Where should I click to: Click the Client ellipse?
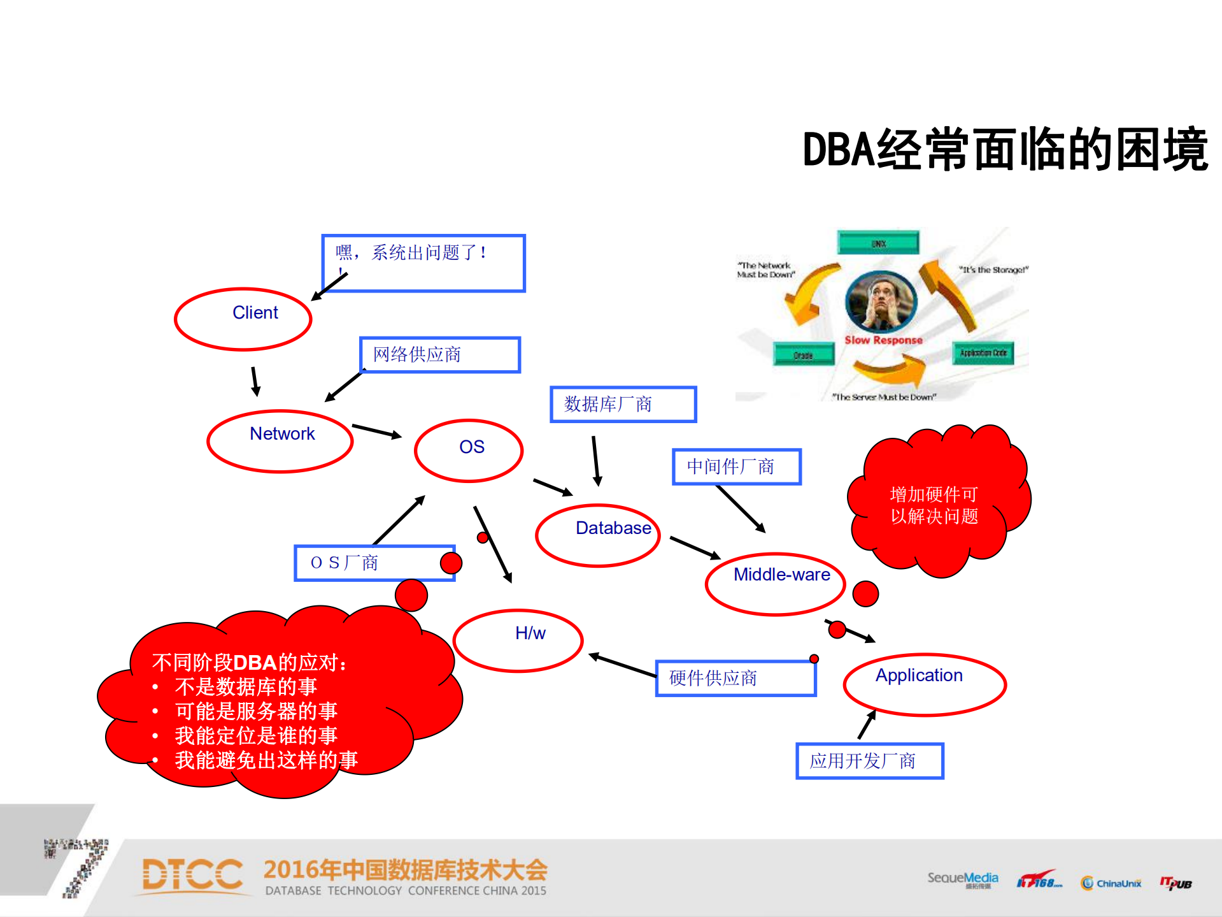point(243,319)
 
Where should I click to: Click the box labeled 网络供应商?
point(440,355)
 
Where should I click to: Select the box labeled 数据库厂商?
point(623,404)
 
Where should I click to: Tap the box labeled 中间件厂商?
point(737,466)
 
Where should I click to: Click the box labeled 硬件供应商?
point(736,678)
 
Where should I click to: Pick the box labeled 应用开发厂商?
point(870,761)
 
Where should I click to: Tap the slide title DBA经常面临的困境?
point(1005,150)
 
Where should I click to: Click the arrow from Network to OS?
point(376,431)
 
